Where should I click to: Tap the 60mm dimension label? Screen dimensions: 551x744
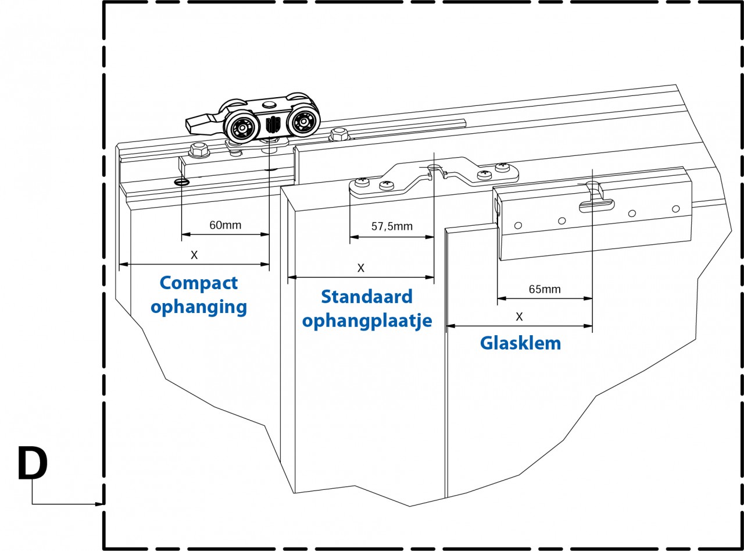coord(225,225)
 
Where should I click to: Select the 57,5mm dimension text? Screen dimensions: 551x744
coord(391,226)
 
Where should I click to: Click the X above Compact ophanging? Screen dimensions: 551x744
coord(194,255)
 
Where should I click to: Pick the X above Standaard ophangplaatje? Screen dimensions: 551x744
coord(360,268)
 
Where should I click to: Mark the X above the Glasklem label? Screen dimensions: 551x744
coord(519,317)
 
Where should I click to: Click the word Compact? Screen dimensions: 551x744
coord(199,283)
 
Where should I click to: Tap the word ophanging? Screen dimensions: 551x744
coord(199,307)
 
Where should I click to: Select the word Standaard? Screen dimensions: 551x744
coord(367,297)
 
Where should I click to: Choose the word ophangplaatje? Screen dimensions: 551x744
coord(367,321)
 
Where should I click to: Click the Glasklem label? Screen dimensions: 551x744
coord(520,343)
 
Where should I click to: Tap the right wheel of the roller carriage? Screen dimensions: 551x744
coord(305,121)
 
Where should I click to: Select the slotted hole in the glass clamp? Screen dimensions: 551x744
coord(596,203)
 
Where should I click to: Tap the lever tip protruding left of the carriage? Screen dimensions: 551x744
coord(193,123)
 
